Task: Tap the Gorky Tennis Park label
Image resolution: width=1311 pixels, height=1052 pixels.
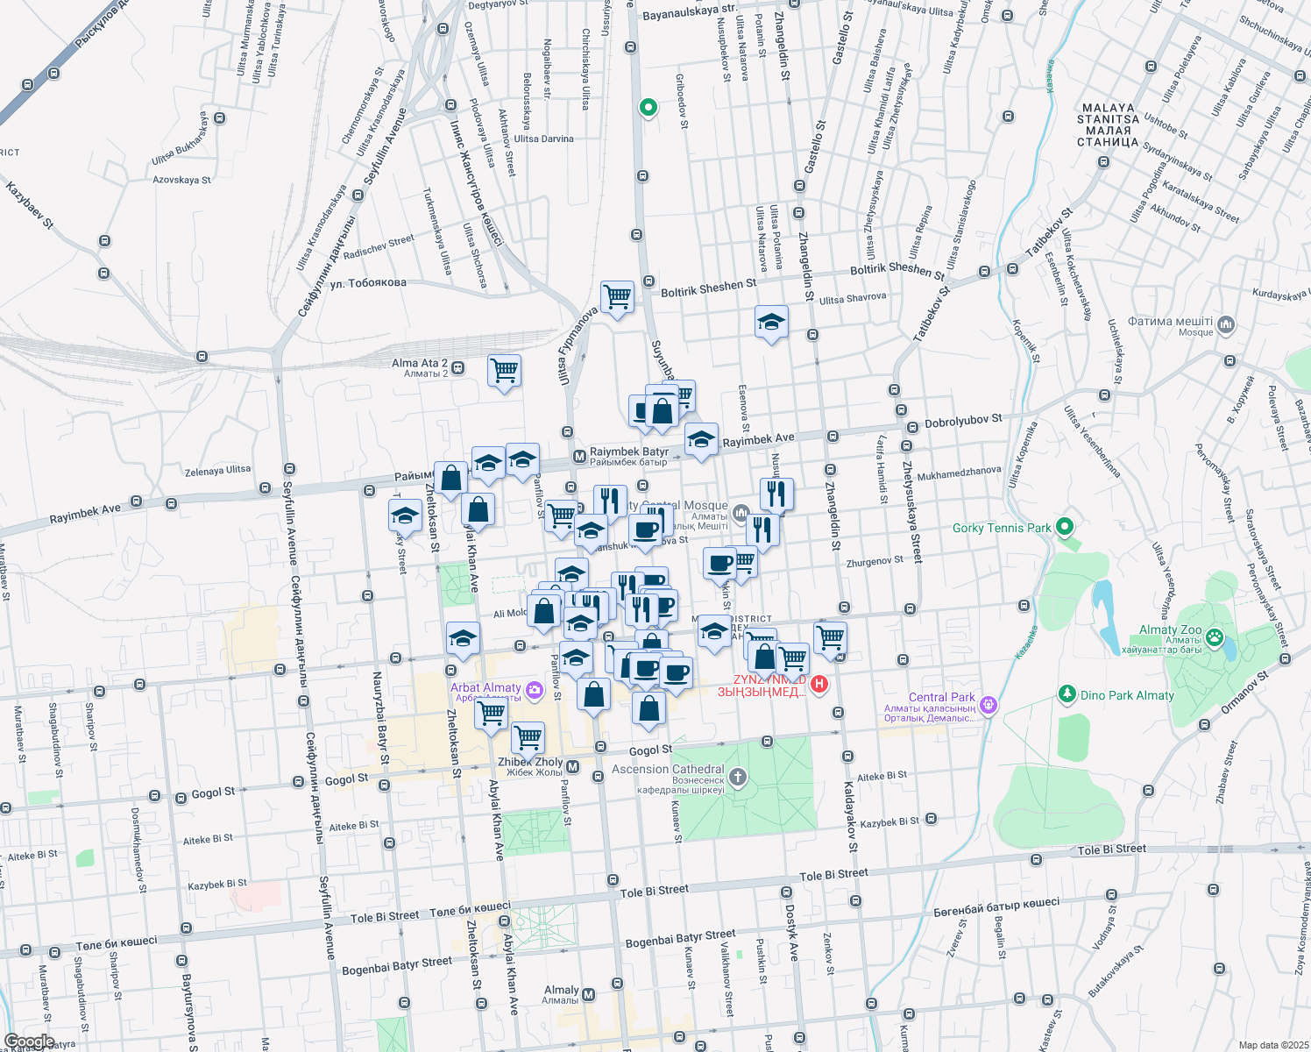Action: (1002, 528)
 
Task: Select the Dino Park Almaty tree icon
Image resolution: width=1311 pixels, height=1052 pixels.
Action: (1067, 694)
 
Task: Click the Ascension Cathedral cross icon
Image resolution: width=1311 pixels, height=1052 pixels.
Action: (738, 777)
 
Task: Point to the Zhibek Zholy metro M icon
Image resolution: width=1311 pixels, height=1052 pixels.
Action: (573, 767)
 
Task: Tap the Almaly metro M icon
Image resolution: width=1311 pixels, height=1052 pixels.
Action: (589, 994)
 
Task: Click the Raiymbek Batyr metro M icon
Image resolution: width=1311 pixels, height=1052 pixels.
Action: (579, 457)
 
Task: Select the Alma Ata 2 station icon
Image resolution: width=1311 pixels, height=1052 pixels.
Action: (458, 367)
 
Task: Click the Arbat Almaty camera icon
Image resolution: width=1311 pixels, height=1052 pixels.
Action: (534, 691)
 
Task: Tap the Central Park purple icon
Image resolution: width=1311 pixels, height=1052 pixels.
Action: (989, 704)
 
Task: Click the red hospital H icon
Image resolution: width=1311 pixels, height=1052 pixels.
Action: (819, 684)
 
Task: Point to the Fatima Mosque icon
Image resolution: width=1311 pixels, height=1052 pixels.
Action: (1226, 325)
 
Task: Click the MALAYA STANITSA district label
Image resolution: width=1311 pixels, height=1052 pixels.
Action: (1108, 124)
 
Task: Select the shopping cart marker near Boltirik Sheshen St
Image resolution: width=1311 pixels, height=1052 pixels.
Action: (618, 298)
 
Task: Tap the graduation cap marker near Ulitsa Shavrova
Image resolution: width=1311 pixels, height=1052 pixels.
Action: (771, 322)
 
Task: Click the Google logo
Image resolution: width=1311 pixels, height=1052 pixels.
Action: (29, 1041)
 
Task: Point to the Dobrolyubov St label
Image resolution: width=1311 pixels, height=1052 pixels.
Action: (963, 422)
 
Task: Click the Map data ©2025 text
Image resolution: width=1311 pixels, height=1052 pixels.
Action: (1272, 1045)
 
